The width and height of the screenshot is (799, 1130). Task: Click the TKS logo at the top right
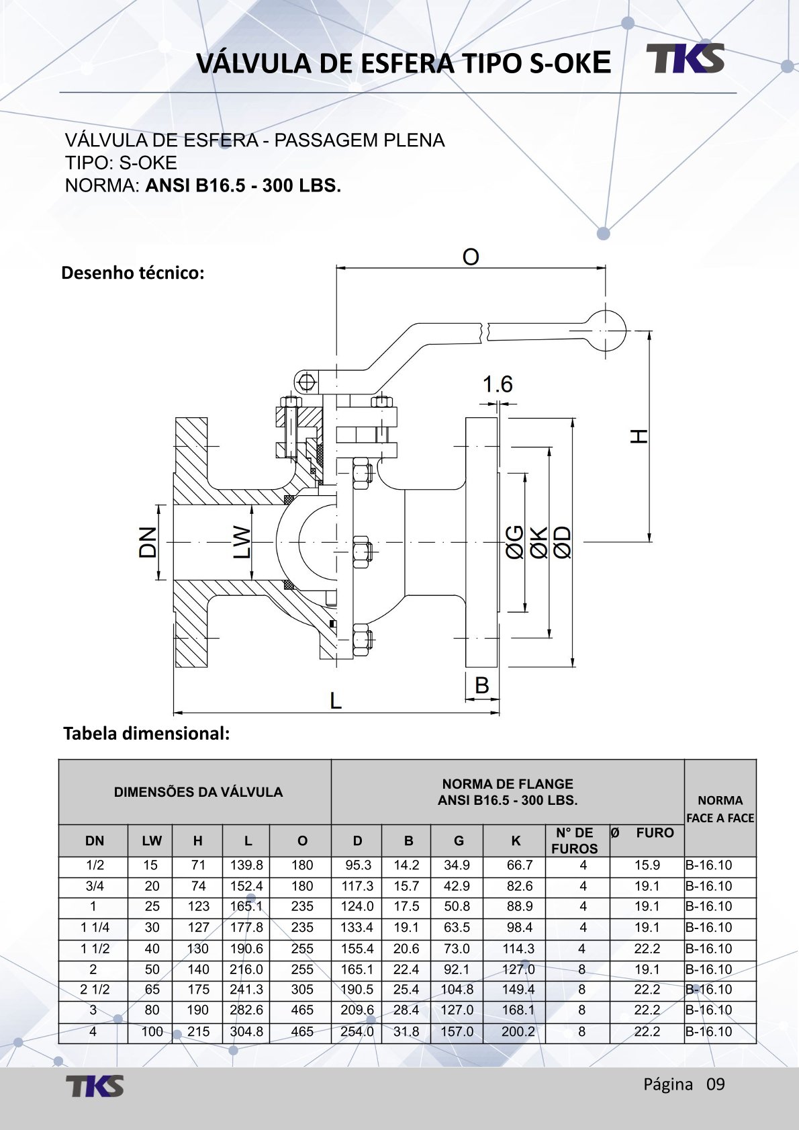[x=686, y=58]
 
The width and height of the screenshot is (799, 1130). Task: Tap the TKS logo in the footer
[x=95, y=1086]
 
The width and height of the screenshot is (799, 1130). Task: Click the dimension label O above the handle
[x=471, y=257]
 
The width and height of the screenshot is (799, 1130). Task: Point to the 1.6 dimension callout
[x=498, y=384]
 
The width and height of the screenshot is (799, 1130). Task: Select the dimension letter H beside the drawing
[x=639, y=436]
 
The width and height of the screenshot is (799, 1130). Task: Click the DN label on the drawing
[x=148, y=541]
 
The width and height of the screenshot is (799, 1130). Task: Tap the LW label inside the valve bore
[x=242, y=542]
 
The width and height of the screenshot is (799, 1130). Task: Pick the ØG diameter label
[x=514, y=542]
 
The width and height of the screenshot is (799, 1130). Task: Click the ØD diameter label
[x=563, y=542]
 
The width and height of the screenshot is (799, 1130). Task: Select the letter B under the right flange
[x=481, y=685]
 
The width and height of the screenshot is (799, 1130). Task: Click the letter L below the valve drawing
[x=336, y=701]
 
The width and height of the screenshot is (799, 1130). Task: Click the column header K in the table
[x=516, y=840]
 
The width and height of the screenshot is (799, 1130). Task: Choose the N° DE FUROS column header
[x=574, y=840]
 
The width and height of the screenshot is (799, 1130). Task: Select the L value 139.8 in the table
[x=246, y=865]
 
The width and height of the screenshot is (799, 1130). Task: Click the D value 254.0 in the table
[x=357, y=1032]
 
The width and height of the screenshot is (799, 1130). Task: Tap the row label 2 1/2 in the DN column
[x=95, y=990]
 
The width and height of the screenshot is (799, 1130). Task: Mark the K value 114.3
[x=518, y=949]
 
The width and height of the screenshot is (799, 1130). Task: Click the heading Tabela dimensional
[x=146, y=734]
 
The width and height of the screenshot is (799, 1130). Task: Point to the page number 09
[x=716, y=1084]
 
